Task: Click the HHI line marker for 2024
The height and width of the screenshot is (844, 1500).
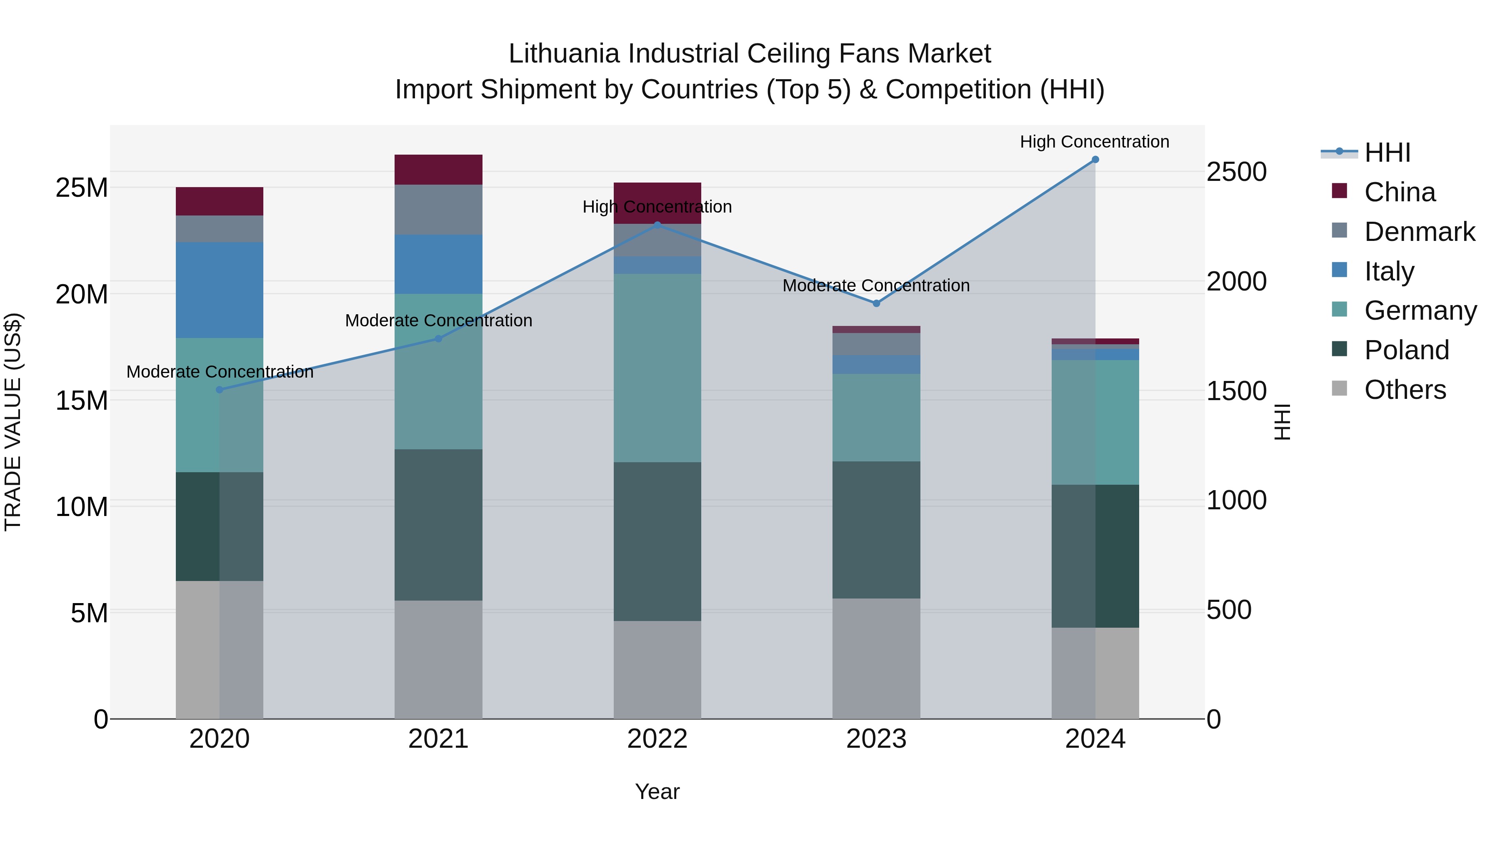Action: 1095,160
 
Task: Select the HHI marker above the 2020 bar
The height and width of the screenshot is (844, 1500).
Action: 220,390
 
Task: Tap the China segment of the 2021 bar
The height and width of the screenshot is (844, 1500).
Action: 438,170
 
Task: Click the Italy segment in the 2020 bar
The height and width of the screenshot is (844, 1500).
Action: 220,290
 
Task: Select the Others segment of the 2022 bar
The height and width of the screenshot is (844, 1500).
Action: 657,669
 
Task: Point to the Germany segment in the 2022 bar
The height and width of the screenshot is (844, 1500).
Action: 657,368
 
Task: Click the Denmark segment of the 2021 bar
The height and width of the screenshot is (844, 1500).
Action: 438,210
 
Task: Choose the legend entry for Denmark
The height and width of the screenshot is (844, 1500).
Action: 1419,232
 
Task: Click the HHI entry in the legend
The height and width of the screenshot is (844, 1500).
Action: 1387,153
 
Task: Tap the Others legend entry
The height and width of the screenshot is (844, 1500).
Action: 1405,390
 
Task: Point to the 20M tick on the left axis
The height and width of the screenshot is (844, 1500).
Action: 82,294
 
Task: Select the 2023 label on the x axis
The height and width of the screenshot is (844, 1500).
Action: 876,739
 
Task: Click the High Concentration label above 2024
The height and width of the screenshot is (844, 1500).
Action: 1094,142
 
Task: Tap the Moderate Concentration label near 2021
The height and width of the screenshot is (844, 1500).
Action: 438,321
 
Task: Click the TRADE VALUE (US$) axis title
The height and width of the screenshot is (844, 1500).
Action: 13,422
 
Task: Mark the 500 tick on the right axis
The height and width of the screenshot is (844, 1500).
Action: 1229,610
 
